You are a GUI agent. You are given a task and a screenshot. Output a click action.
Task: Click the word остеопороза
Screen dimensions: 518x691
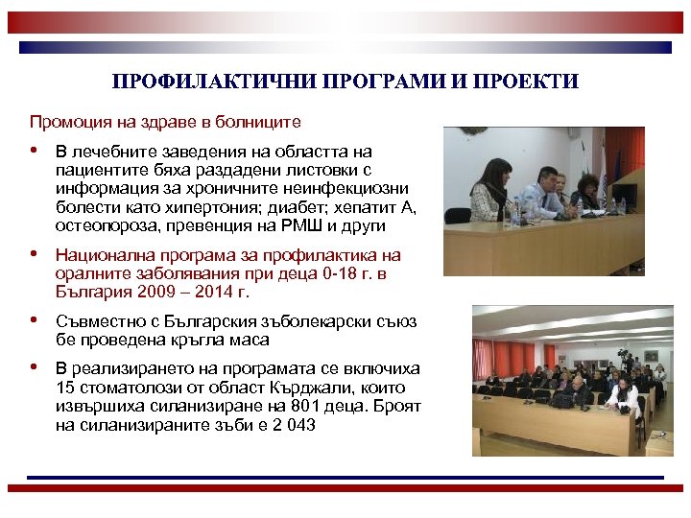pos(102,226)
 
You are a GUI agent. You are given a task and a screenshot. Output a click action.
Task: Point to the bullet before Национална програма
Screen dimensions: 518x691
pos(35,255)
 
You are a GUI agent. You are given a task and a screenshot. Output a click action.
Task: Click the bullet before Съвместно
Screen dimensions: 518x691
pos(35,320)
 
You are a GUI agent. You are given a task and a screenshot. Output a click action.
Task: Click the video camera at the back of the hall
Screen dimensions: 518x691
pos(622,357)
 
